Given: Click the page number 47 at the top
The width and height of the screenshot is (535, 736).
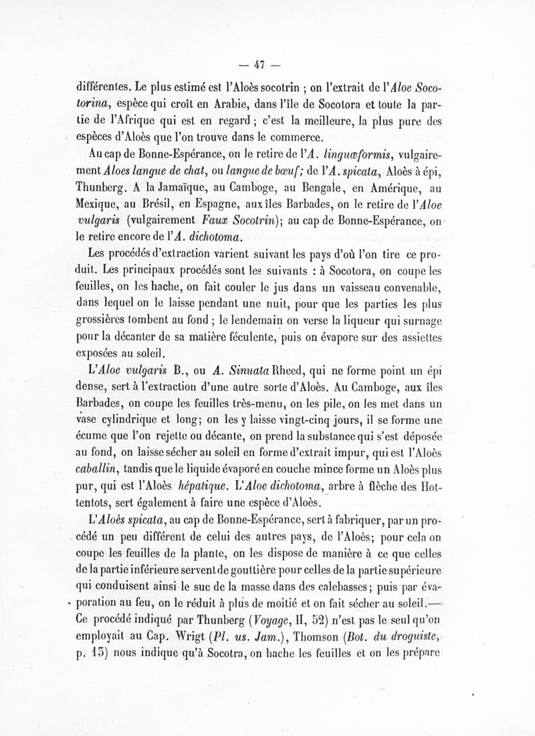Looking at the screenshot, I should tap(260, 64).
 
